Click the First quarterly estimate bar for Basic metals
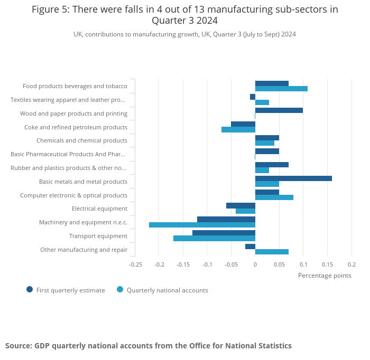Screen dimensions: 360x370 tap(293, 178)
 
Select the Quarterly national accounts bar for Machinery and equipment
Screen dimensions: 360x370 tap(202, 225)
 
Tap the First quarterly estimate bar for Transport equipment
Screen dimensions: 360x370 tap(224, 233)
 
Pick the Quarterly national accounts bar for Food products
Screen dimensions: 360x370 tap(281, 89)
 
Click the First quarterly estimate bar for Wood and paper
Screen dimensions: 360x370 tap(279, 110)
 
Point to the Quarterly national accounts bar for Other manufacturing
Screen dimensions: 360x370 tap(272, 252)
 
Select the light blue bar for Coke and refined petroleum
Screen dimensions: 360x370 tap(238, 129)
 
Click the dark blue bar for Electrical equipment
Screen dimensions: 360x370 tap(240, 205)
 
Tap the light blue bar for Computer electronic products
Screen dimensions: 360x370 tap(274, 197)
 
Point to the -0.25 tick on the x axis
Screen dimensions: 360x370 tap(135, 264)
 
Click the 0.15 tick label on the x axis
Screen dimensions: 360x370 tap(327, 264)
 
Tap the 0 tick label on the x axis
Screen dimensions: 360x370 tap(255, 264)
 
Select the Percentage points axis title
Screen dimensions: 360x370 tap(325, 275)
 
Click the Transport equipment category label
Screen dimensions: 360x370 tap(98, 236)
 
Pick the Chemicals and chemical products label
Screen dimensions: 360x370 tap(81, 140)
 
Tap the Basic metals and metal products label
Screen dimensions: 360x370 tap(83, 182)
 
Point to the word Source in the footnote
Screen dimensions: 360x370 tap(18, 346)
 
